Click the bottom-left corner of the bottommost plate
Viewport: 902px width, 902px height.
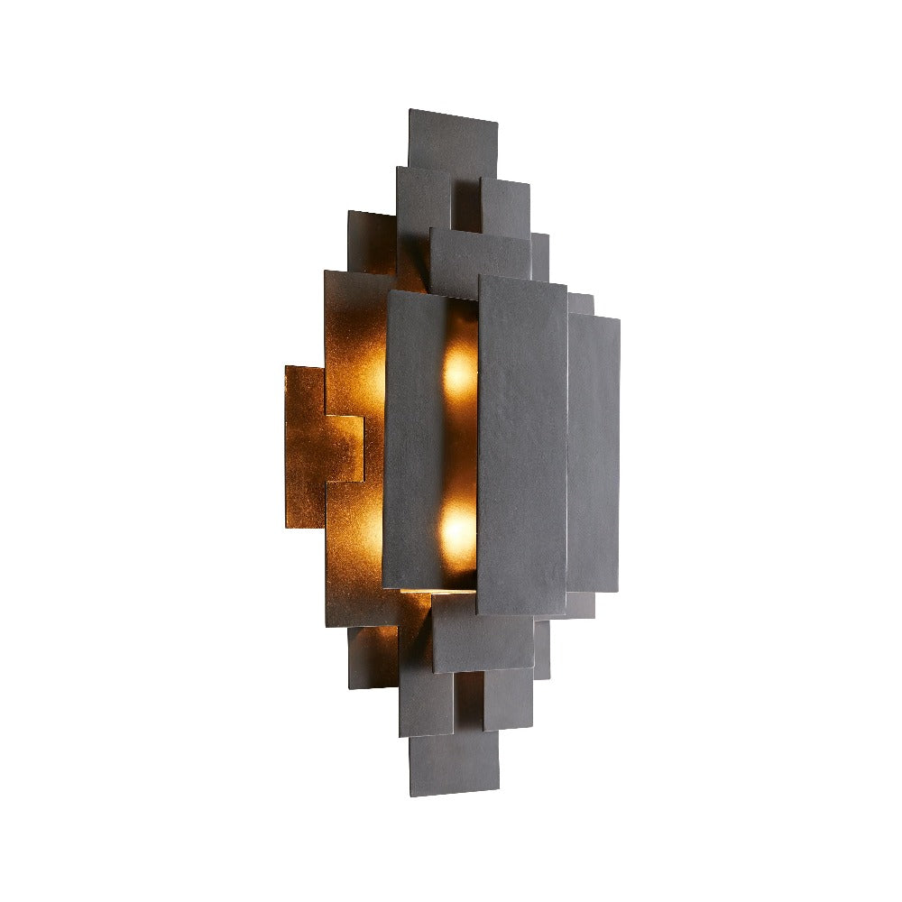[410, 791]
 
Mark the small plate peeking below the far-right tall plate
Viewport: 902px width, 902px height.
[581, 604]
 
